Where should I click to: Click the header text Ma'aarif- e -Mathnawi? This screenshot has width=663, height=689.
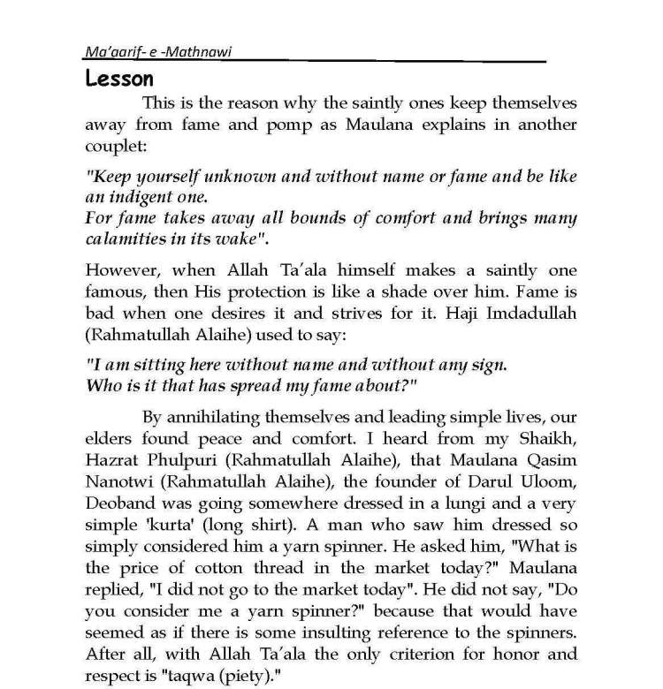143,52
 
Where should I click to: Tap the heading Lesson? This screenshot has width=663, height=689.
119,79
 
